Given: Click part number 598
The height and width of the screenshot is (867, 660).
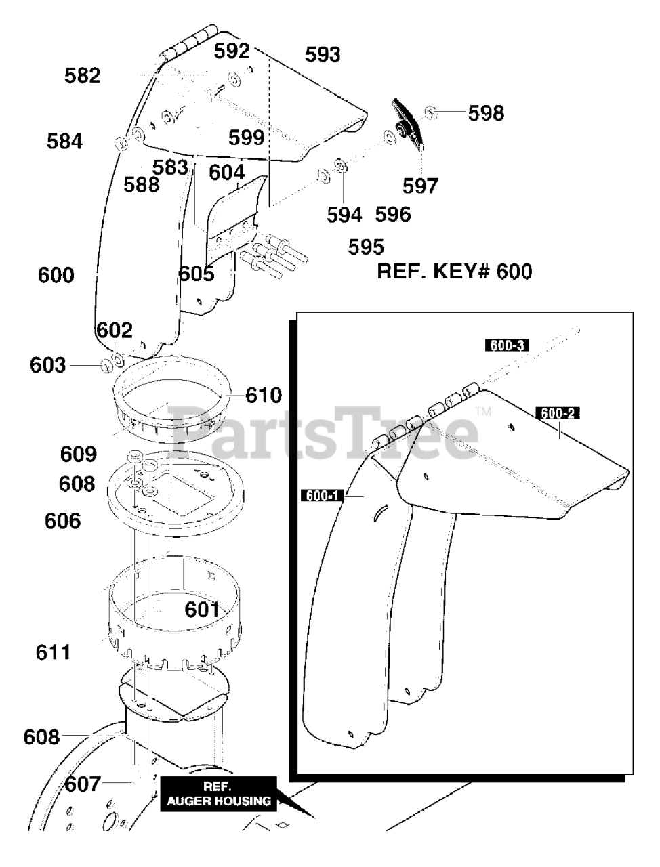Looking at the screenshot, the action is click(x=486, y=112).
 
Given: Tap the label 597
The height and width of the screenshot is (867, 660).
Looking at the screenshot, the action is click(x=420, y=185).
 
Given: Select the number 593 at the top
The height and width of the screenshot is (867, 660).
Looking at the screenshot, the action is click(x=323, y=54).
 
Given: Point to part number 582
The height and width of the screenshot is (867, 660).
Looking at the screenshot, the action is click(x=83, y=75).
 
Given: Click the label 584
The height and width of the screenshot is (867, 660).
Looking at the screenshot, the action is click(x=64, y=141).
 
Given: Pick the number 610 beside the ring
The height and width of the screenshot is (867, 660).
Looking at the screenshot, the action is click(x=263, y=394).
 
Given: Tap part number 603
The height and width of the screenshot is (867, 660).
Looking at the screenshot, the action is click(x=47, y=365).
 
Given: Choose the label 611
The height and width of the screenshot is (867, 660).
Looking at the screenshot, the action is click(x=53, y=652).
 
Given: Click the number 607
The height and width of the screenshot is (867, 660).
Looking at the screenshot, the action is click(x=83, y=784).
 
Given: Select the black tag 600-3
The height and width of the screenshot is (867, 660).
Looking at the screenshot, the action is click(x=506, y=345).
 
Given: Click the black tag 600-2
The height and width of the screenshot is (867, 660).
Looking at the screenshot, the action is click(x=557, y=413).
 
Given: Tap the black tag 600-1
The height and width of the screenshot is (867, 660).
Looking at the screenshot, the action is click(x=322, y=496).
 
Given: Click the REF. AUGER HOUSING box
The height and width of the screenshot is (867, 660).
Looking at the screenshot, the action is click(x=218, y=794).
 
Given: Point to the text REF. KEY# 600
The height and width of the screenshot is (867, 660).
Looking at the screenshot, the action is click(x=454, y=272).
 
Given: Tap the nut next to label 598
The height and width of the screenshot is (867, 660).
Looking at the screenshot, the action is click(x=432, y=112).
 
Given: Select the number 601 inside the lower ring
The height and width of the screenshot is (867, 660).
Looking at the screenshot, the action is click(x=203, y=610).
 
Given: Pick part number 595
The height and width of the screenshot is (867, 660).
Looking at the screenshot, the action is click(x=366, y=247).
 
